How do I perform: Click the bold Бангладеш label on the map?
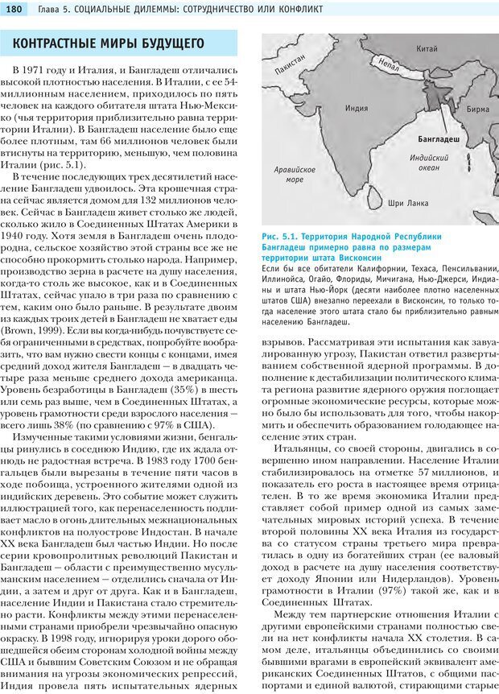click(439, 139)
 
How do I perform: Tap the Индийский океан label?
click(428, 163)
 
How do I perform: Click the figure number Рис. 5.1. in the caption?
click(281, 237)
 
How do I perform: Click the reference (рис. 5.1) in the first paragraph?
click(80, 166)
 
